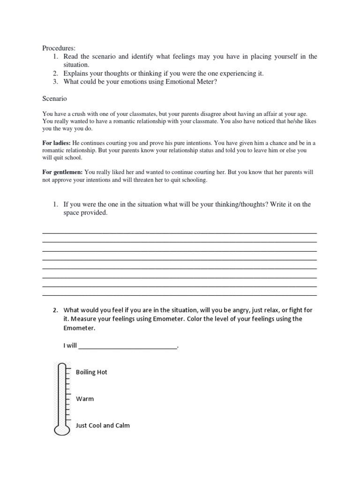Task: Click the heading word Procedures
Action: pyautogui.click(x=59, y=48)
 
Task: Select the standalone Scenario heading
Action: pyautogui.click(x=55, y=99)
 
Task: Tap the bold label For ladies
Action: pyautogui.click(x=57, y=142)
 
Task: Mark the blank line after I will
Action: pyautogui.click(x=128, y=346)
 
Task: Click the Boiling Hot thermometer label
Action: pyautogui.click(x=91, y=372)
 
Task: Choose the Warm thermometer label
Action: pyautogui.click(x=85, y=399)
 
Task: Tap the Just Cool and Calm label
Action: pyautogui.click(x=103, y=426)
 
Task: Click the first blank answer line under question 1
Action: pyautogui.click(x=180, y=233)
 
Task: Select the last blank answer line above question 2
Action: pyautogui.click(x=180, y=295)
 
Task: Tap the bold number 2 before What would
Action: pyautogui.click(x=55, y=310)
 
